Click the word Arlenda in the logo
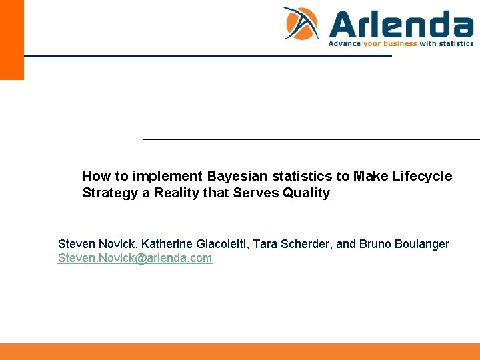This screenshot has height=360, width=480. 401,25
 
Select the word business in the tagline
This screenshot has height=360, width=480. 399,44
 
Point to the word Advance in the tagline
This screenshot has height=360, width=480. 344,44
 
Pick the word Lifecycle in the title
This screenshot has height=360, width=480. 422,177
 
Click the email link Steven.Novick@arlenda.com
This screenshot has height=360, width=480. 135,259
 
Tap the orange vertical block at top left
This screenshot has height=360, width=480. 12,40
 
